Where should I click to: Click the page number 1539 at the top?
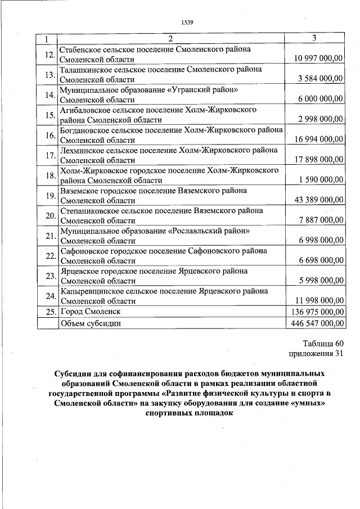[x=187, y=22]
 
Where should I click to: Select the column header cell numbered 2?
[x=171, y=39]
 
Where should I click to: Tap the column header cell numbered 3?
[x=314, y=39]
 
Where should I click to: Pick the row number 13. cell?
[x=49, y=75]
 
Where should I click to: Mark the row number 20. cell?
[x=49, y=216]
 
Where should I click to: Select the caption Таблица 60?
[x=322, y=343]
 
